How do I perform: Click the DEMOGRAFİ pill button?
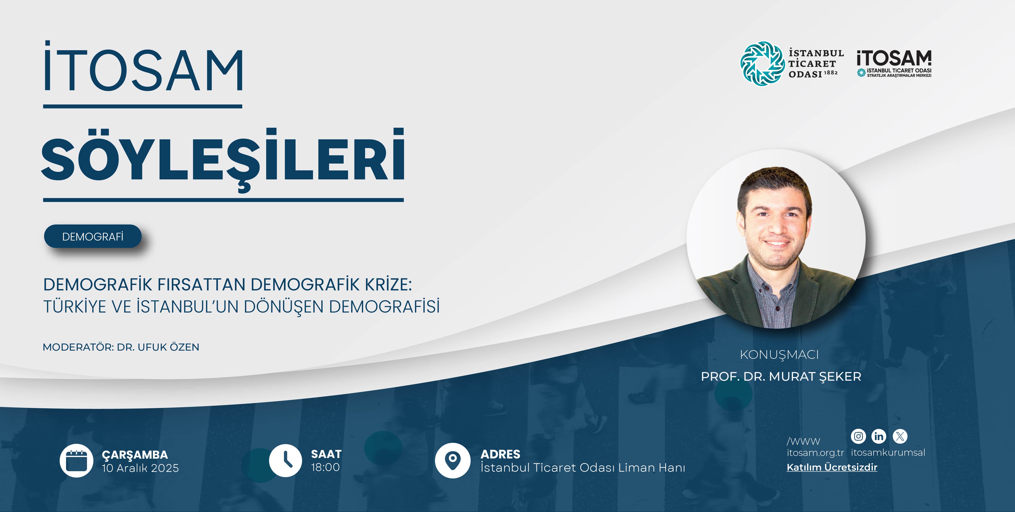(93, 236)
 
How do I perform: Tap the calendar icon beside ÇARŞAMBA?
(76, 460)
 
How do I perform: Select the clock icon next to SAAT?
(285, 460)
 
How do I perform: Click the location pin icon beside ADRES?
(452, 460)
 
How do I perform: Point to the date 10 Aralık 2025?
(140, 468)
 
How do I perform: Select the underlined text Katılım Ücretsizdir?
(832, 468)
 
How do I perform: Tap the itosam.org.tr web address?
(815, 453)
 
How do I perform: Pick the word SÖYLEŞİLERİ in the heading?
(223, 160)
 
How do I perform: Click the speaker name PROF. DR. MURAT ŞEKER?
(781, 377)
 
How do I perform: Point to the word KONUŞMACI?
(779, 355)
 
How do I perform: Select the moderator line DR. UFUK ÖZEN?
(158, 347)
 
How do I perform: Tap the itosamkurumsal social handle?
(888, 453)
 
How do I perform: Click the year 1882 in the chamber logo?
(831, 73)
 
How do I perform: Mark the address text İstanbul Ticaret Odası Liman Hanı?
(583, 468)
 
